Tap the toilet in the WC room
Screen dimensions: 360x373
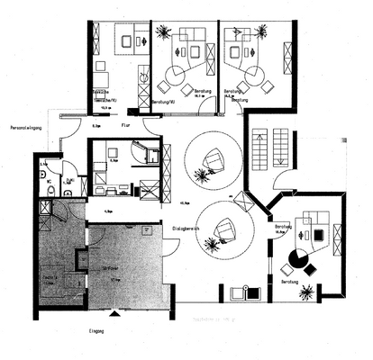(53, 191)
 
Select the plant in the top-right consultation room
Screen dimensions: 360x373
(287, 31)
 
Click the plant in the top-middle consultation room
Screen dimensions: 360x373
(162, 32)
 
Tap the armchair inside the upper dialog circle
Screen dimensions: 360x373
(214, 161)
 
